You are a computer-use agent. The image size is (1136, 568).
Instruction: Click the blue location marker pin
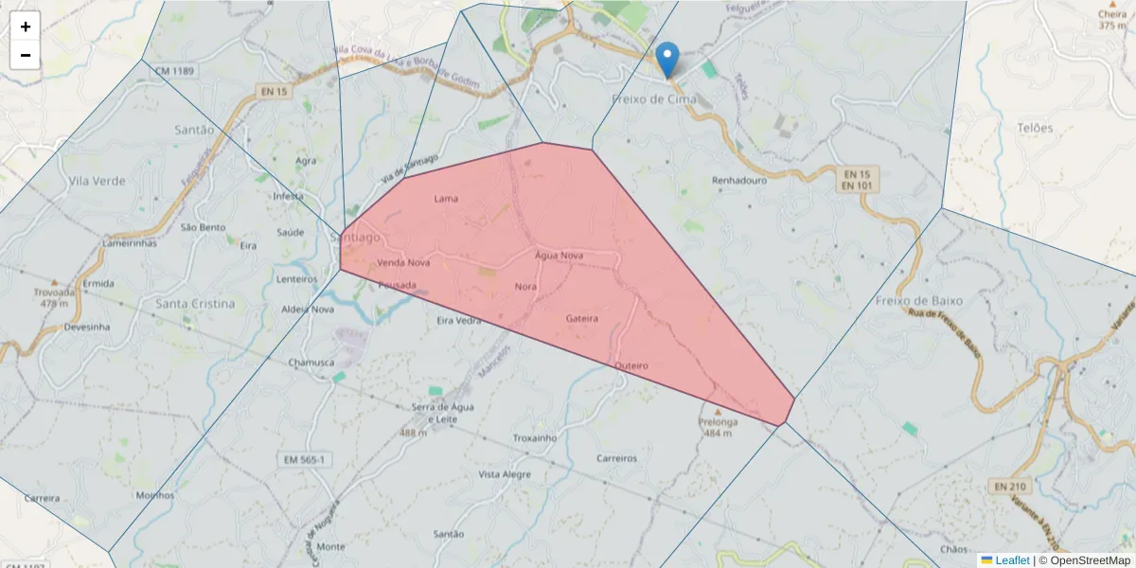(x=667, y=59)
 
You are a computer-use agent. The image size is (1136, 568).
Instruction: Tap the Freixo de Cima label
(x=654, y=98)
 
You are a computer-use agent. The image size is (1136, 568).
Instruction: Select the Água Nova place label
(x=559, y=256)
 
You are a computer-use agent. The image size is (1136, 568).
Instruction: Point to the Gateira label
(x=581, y=318)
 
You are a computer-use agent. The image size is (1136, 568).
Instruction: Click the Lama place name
(x=445, y=199)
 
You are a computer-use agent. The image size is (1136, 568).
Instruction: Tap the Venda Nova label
(x=403, y=262)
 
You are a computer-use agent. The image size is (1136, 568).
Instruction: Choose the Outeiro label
(x=630, y=364)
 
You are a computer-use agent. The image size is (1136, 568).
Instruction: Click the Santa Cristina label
(x=194, y=304)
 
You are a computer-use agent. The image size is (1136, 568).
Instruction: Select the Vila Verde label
(x=97, y=180)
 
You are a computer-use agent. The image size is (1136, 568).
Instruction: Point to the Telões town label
(x=1035, y=128)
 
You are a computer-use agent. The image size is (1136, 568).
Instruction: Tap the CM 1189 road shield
(x=175, y=71)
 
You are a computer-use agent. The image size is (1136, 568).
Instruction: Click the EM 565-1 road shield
(x=306, y=459)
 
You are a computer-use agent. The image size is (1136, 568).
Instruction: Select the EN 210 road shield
(x=1011, y=486)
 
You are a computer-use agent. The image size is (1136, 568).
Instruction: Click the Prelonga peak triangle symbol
(x=718, y=412)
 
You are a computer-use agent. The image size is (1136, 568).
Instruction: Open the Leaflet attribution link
(x=1012, y=560)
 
